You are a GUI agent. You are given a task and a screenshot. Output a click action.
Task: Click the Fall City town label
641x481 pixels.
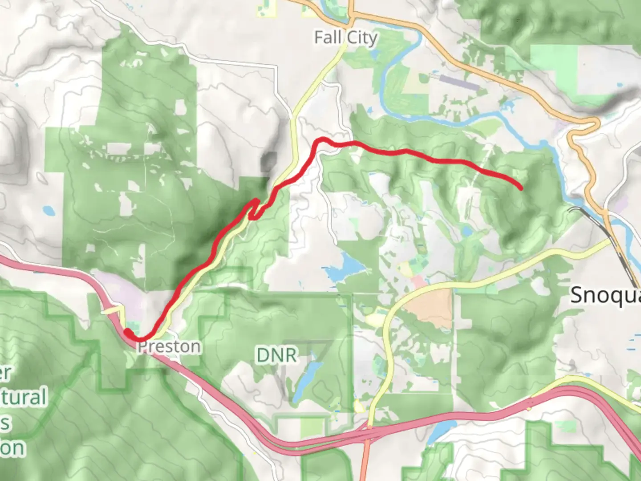pos(345,37)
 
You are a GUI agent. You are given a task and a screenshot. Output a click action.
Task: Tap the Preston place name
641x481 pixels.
pos(169,346)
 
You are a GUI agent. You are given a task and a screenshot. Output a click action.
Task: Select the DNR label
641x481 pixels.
pos(276,355)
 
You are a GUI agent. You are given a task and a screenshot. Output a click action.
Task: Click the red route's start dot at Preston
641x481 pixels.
pos(128,332)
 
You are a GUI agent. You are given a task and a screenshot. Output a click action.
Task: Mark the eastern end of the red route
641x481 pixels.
pos(520,188)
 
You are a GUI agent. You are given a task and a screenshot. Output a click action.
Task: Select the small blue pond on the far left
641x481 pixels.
pos(48,209)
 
